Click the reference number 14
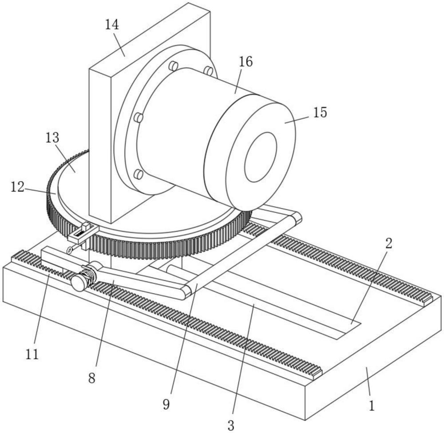112,24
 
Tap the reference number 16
246,61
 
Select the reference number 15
320,112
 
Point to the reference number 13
52,138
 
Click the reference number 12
18,187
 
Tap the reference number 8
91,378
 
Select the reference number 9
166,405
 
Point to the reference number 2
389,243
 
